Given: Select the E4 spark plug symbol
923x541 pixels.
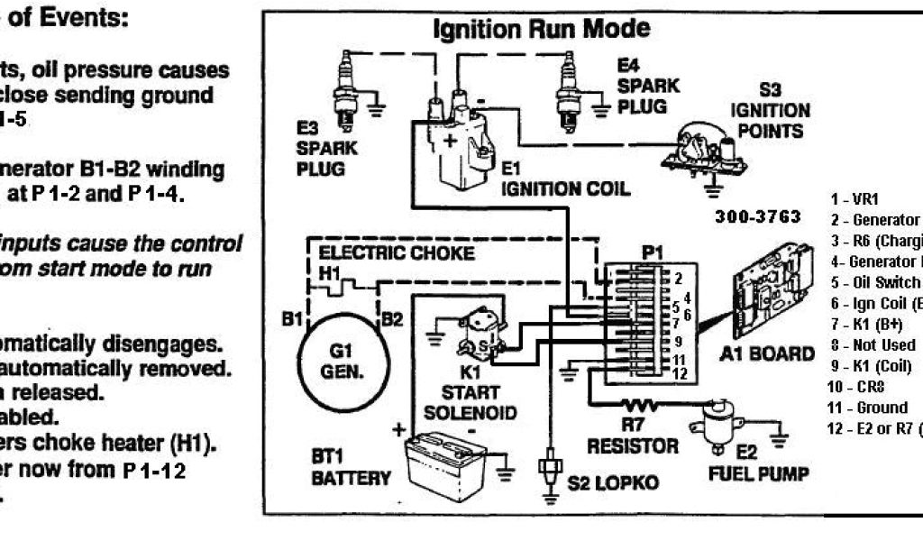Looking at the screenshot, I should click(568, 86).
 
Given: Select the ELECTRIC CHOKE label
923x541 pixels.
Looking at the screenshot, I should click(396, 253).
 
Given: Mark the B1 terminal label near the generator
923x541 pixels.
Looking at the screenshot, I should click(288, 318).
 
